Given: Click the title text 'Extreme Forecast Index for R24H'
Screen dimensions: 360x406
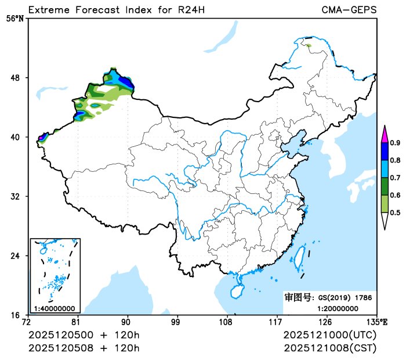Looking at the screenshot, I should pos(116,10).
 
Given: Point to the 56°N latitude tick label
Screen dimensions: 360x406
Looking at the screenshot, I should pos(15,19).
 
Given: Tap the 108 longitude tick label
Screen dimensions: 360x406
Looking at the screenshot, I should pos(226,322).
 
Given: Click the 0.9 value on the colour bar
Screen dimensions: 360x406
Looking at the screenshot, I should pos(395,143).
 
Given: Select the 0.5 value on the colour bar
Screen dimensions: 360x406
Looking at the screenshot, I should pos(395,213).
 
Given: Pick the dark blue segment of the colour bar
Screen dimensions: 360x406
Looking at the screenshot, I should pos(384,152).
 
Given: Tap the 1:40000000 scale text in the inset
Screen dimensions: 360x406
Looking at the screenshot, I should pos(55,308).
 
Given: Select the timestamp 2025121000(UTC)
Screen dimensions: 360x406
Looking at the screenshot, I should pos(330,336).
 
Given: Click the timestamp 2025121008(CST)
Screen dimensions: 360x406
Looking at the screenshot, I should pos(330,348).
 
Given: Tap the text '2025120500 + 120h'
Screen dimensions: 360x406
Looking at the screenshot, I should pos(84,336).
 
